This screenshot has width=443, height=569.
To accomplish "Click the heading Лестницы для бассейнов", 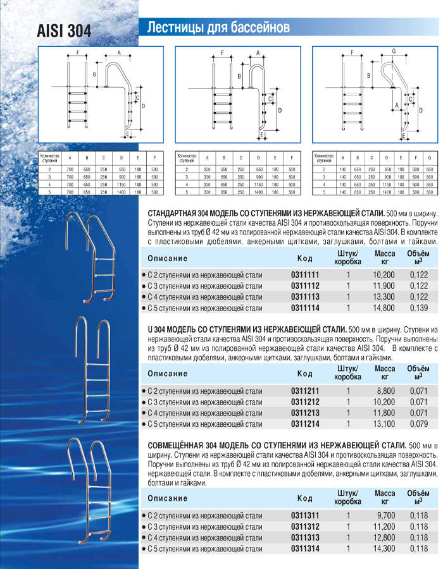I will [x=218, y=28].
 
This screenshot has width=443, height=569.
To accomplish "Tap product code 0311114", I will [x=304, y=308].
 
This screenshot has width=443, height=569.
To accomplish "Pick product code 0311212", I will [x=304, y=403].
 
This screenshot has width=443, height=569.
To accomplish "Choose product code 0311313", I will [x=304, y=538].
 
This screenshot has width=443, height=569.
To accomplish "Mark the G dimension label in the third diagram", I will [x=393, y=51].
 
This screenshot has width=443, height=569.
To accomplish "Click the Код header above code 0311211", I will [x=304, y=374].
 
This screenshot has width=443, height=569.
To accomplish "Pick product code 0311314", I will [x=304, y=549].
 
